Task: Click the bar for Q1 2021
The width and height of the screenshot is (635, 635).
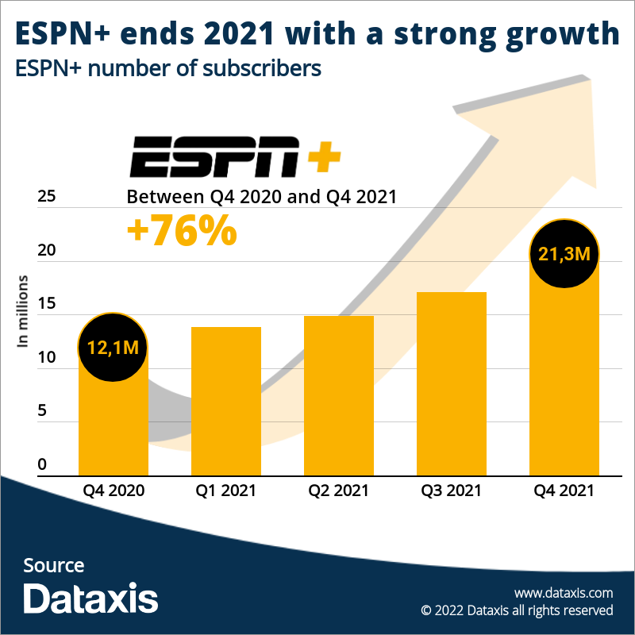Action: click(x=226, y=401)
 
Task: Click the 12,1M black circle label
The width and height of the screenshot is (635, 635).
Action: click(x=114, y=348)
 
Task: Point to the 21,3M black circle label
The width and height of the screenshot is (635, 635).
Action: click(x=564, y=254)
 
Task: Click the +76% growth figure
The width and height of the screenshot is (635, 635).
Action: click(x=182, y=230)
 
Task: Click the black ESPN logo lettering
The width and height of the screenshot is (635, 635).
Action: click(x=214, y=156)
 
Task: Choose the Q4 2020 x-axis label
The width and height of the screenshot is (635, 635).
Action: click(x=114, y=491)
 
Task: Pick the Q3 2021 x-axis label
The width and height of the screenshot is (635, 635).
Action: click(x=451, y=491)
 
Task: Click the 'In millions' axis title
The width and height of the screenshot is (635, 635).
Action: click(x=23, y=311)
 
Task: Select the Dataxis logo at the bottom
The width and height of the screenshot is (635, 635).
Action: click(x=90, y=598)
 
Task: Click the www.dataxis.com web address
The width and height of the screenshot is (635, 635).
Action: click(x=564, y=593)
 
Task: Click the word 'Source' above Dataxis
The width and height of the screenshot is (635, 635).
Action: click(x=53, y=565)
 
